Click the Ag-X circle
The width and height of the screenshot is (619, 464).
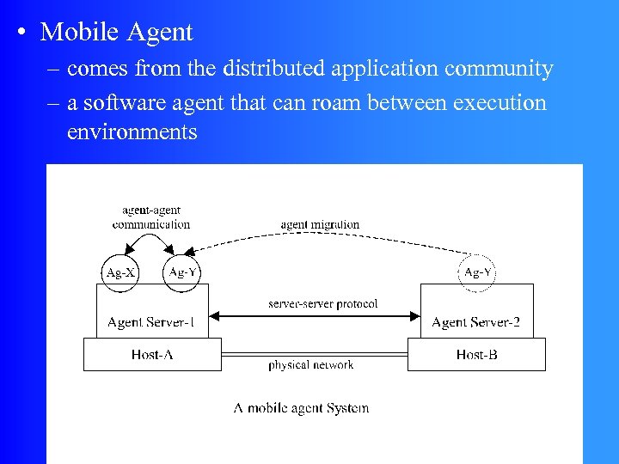point(120,272)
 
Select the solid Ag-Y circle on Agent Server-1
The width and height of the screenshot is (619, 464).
point(183,272)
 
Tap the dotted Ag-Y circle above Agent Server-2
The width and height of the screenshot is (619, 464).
point(477,272)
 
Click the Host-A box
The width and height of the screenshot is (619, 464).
point(152,354)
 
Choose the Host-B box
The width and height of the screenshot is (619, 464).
point(476,354)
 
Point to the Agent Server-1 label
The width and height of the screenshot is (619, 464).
point(150,322)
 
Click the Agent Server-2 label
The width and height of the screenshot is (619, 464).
point(475,322)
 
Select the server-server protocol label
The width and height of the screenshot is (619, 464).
point(322,304)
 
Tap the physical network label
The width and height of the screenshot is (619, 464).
point(310,364)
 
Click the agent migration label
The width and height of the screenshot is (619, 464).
point(320,224)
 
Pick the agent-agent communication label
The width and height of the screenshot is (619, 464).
point(151,217)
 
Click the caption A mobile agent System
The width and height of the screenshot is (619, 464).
point(301,407)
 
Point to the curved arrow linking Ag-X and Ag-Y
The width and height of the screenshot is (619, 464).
point(151,243)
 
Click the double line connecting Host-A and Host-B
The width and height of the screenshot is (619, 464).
point(314,353)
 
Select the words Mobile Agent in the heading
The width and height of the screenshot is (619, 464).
point(117,33)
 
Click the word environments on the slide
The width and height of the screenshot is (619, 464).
point(132,132)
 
